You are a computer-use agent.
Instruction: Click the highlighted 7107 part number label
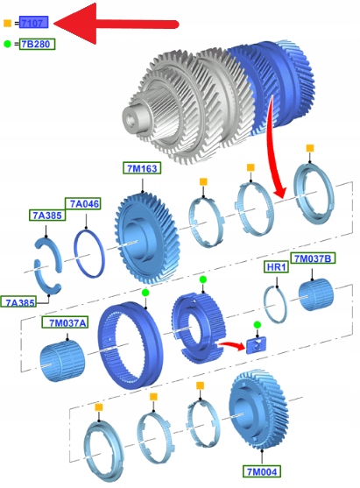coord(33,23)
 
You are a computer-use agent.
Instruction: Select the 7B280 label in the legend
coord(37,44)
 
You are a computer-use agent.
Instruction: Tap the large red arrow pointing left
coord(116,24)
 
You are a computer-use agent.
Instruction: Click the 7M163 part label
coord(142,168)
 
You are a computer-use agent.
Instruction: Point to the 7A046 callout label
coord(82,203)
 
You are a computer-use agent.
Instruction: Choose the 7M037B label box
coord(313,258)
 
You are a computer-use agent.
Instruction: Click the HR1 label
coord(276,267)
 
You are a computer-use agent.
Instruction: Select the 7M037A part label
coord(65,322)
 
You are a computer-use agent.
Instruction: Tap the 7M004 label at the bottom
coord(262,471)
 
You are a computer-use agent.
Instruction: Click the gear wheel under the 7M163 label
coord(145,238)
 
